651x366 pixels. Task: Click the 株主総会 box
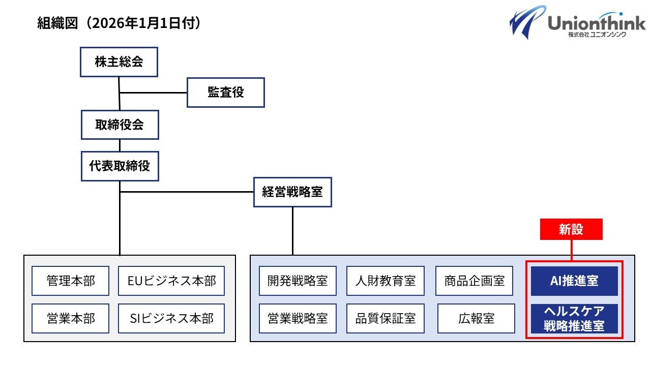coord(119,62)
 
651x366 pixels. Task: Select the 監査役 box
coord(225,93)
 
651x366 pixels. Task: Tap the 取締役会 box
coord(120,125)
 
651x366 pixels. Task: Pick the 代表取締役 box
coord(120,166)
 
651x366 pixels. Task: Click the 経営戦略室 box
coord(292,192)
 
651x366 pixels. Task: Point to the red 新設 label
coord(571,229)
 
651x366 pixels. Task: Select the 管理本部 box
coord(70,281)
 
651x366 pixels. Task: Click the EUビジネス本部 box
coord(171,281)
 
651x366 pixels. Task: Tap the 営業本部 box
coord(70,318)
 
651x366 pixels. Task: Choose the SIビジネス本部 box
coord(171,318)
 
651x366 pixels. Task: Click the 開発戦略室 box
coord(298,281)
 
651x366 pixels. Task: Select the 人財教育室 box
coord(386,281)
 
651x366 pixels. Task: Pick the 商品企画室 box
coord(475,281)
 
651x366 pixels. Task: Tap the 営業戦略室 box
coord(298,318)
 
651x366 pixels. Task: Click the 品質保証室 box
coord(386,318)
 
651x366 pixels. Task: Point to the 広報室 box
coord(475,318)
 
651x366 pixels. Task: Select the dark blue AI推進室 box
coord(574,281)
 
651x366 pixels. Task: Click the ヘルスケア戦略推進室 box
coord(574,319)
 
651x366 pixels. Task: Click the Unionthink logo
coord(577,22)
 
